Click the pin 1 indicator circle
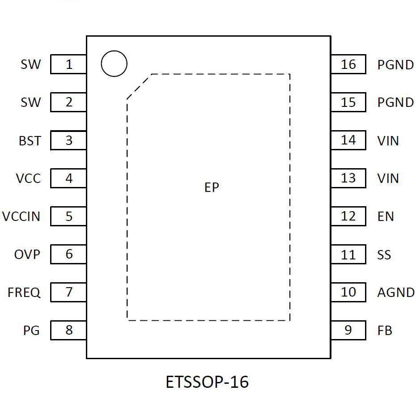[x=114, y=64]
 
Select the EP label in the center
[x=212, y=188]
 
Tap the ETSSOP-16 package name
[x=207, y=382]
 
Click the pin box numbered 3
[x=68, y=140]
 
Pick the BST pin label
[x=30, y=141]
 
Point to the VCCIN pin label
[x=21, y=216]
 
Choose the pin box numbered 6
[x=68, y=254]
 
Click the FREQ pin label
[x=24, y=293]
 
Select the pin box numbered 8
[x=68, y=330]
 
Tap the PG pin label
[x=31, y=331]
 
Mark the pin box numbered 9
[x=348, y=330]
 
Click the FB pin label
[x=385, y=331]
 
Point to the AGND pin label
[x=396, y=293]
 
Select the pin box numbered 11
[x=348, y=255]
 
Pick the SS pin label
[x=384, y=255]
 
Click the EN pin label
[x=386, y=216]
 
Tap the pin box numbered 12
[x=348, y=216]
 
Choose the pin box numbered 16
[x=348, y=64]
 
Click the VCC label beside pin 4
[x=28, y=178]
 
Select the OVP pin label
[x=27, y=255]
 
